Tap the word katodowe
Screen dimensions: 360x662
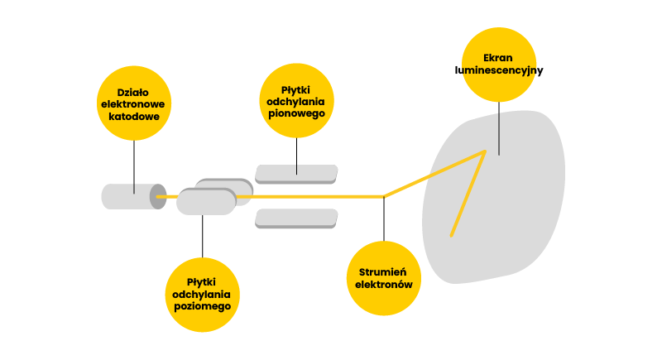click(134, 117)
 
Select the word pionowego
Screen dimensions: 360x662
click(296, 113)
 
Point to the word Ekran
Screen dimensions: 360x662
click(499, 58)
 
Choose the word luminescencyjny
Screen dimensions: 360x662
click(499, 70)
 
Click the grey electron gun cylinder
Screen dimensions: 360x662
click(128, 197)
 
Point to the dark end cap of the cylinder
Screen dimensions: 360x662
click(157, 197)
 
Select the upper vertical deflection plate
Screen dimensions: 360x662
click(296, 173)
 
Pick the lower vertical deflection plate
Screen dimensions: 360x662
click(296, 218)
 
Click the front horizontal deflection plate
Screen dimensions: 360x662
click(206, 202)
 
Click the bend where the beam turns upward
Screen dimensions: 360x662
click(384, 196)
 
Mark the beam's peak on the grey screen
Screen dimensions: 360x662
click(484, 151)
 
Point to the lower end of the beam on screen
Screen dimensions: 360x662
click(451, 236)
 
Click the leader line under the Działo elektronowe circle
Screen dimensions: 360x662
click(134, 166)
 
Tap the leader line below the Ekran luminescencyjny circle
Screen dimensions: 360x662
click(499, 128)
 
